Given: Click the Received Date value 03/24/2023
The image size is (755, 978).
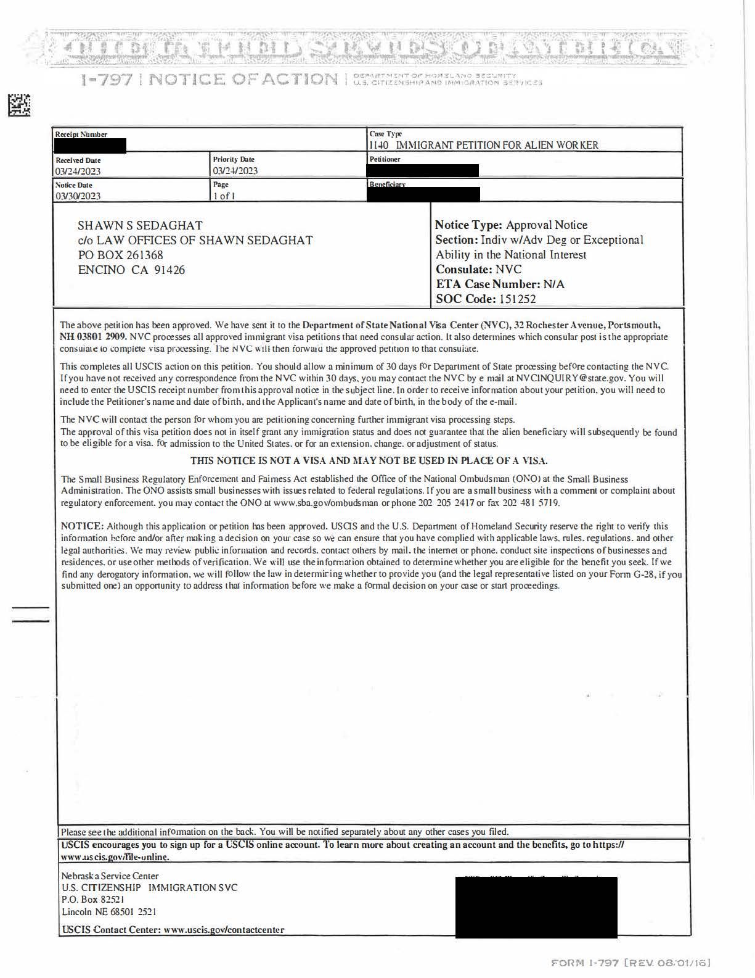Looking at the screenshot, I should click(78, 171).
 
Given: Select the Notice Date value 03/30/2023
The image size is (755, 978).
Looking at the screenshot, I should click(78, 196).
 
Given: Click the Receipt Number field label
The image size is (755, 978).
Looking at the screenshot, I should click(81, 135).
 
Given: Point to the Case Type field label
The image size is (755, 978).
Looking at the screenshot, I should click(386, 134).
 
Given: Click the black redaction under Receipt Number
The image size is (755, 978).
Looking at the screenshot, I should click(91, 146).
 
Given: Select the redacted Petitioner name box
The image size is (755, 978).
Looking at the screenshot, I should click(423, 170).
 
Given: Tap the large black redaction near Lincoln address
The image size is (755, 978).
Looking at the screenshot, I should click(536, 907).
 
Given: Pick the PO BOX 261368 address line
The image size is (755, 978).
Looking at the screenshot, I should click(121, 255).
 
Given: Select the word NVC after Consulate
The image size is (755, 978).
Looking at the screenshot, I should click(508, 270).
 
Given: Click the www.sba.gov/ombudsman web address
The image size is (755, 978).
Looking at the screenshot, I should click(326, 503).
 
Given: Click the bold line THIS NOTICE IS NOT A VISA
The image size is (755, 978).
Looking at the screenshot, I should click(369, 460).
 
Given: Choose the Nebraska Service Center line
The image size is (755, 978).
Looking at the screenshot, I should click(110, 876).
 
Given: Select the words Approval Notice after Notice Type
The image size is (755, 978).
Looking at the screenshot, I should click(547, 225).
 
